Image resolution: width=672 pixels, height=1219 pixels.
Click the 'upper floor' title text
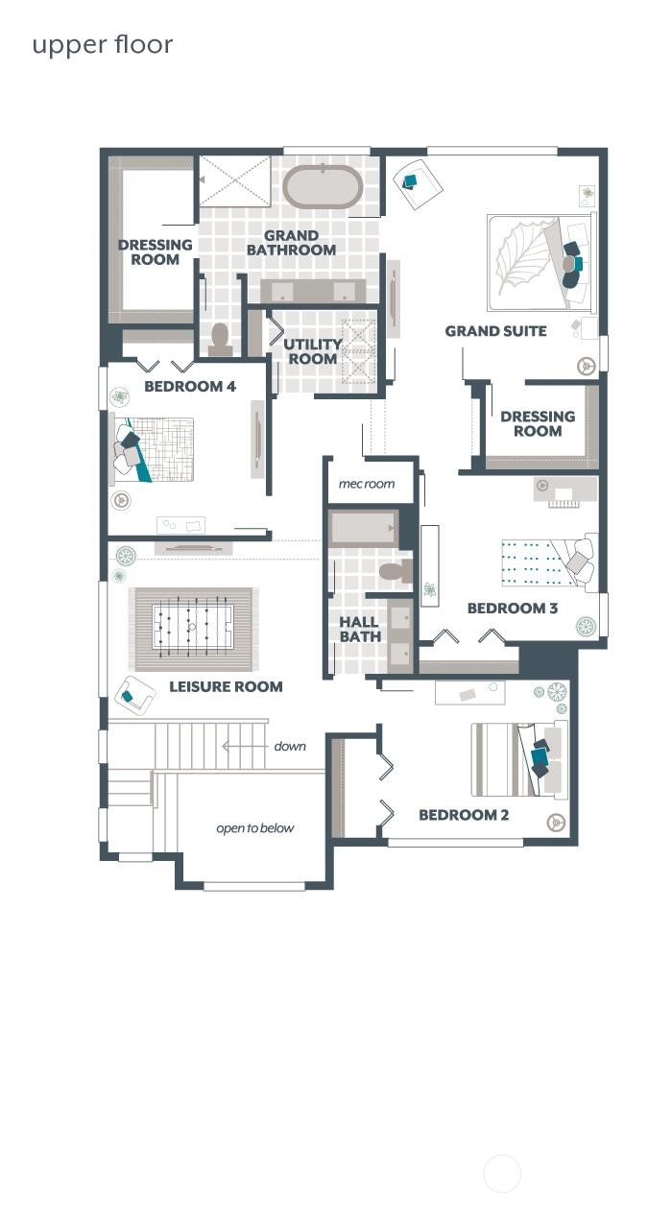coord(103,45)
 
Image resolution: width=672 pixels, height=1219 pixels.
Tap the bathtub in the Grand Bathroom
coord(323,186)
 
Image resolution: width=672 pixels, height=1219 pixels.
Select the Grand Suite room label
coord(495,331)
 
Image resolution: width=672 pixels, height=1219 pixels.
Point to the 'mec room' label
coord(366,484)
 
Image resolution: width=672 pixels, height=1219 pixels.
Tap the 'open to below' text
coord(255,828)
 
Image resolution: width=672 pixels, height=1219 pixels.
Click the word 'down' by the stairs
coord(290,746)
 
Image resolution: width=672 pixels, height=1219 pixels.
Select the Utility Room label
coord(312,351)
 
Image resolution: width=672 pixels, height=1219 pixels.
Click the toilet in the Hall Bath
coord(395,571)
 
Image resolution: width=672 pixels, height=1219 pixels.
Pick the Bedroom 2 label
coord(464,815)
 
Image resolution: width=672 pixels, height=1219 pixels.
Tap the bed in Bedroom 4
coord(153,450)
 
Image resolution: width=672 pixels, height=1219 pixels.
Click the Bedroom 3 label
coord(513,608)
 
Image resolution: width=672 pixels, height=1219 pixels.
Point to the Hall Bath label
coord(360,629)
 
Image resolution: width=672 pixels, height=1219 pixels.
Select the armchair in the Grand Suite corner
coord(418,183)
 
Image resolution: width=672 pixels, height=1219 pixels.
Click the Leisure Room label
coord(226,686)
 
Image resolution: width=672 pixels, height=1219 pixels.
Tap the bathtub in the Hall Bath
coord(362,529)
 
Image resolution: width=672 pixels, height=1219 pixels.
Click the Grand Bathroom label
coord(291,243)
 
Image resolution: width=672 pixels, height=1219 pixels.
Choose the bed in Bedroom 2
coord(519,759)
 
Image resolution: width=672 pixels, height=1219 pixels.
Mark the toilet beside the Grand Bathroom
coord(221,341)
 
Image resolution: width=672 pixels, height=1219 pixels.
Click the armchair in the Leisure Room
coord(134,696)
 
